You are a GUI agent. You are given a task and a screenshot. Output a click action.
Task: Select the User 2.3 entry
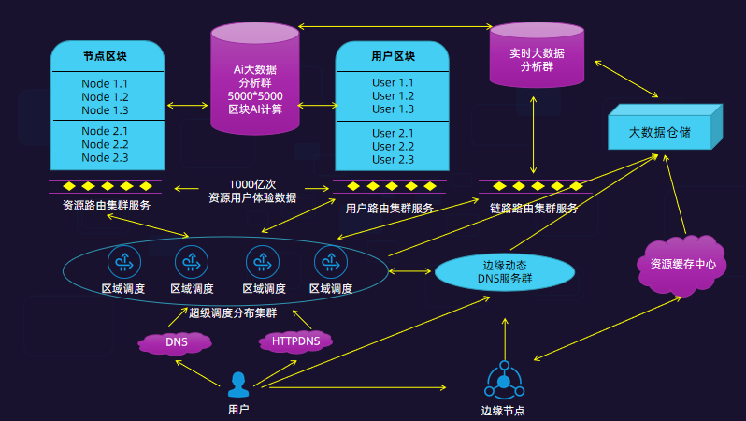click(393, 160)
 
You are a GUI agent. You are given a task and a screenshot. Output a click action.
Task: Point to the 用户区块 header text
click(393, 56)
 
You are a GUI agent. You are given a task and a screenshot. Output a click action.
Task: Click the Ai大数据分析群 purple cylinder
click(254, 84)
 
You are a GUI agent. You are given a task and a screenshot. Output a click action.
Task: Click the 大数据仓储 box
click(659, 133)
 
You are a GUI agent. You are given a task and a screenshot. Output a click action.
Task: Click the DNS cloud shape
click(176, 342)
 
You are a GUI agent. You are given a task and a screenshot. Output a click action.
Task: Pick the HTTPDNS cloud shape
click(295, 341)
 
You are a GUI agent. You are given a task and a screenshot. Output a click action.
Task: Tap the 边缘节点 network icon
click(504, 382)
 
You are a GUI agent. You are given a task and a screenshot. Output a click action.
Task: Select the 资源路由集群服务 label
click(106, 206)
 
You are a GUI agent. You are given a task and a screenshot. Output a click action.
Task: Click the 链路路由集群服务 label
click(534, 209)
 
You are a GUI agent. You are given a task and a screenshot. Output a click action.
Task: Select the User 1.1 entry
click(393, 83)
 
